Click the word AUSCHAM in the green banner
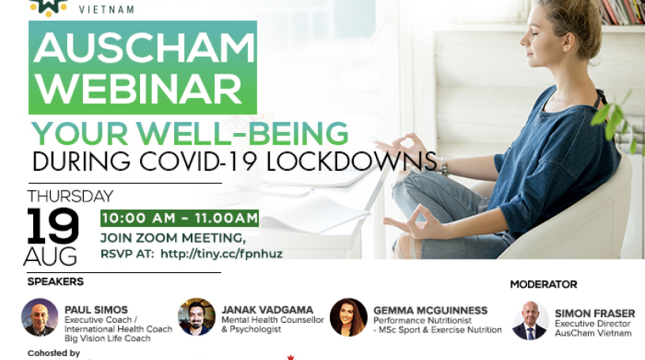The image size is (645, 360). (x=144, y=47)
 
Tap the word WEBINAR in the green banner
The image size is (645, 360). (x=139, y=89)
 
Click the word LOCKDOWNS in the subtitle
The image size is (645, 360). (x=351, y=161)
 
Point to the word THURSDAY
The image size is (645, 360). (x=70, y=196)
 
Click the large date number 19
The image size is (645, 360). (x=53, y=225)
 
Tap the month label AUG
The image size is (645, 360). (x=50, y=256)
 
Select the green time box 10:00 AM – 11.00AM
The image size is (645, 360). (x=180, y=218)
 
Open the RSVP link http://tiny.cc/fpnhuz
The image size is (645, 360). (x=222, y=253)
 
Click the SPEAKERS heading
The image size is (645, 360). (x=55, y=282)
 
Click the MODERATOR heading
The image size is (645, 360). (x=544, y=284)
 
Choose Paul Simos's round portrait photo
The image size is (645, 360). (x=40, y=317)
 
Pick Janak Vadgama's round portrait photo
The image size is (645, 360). (x=196, y=316)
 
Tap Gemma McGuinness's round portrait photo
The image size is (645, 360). (x=348, y=317)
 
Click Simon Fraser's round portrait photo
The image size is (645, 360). (x=530, y=320)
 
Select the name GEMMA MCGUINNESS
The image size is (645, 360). (x=431, y=310)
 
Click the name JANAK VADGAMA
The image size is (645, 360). (x=267, y=310)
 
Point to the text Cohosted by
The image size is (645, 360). (x=54, y=353)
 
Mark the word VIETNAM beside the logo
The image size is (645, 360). (x=107, y=9)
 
